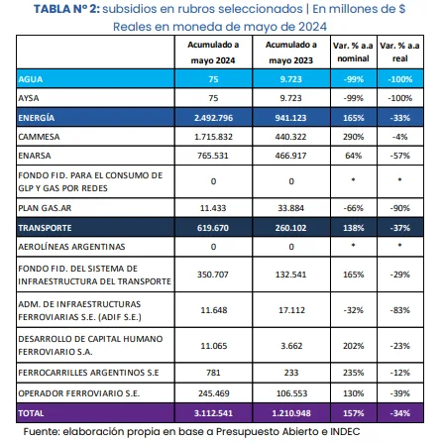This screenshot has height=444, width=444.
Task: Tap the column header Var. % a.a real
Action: click(407, 53)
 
